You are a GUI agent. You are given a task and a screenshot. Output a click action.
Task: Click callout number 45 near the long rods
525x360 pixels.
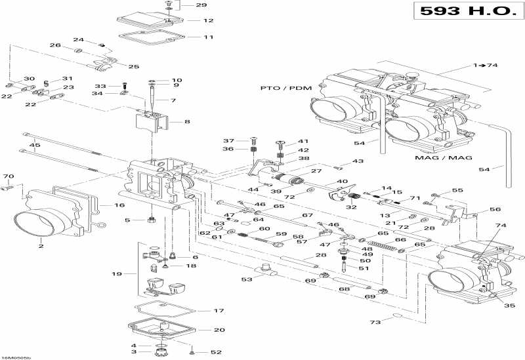click(35, 145)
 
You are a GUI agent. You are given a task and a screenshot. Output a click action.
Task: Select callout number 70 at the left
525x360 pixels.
click(8, 177)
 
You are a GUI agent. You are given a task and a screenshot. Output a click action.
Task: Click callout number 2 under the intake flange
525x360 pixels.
click(41, 247)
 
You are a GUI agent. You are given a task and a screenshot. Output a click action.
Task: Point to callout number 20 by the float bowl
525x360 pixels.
click(201, 330)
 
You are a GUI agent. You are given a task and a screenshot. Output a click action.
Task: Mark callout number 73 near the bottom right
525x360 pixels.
click(376, 323)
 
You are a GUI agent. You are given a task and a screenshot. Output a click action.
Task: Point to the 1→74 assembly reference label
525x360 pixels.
click(486, 66)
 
